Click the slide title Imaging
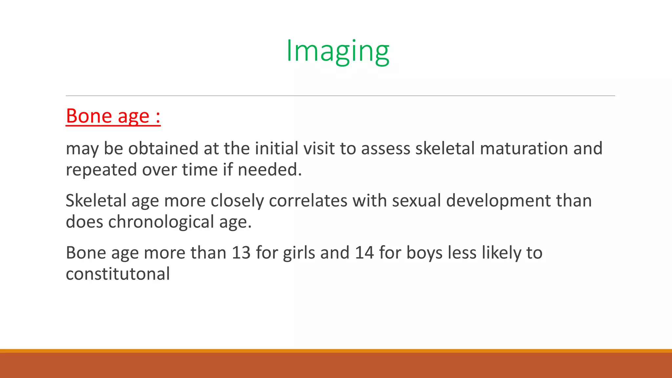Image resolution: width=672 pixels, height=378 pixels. click(x=338, y=51)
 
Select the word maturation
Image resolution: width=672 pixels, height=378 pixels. click(x=524, y=148)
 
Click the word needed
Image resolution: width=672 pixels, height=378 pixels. click(x=269, y=170)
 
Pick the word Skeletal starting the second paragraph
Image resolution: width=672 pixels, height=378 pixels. click(x=96, y=200)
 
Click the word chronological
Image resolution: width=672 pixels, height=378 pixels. click(x=161, y=222)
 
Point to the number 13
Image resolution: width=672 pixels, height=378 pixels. click(x=241, y=253)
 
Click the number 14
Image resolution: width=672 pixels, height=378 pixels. click(x=364, y=253)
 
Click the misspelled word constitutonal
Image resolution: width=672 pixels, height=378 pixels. click(x=118, y=274)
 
